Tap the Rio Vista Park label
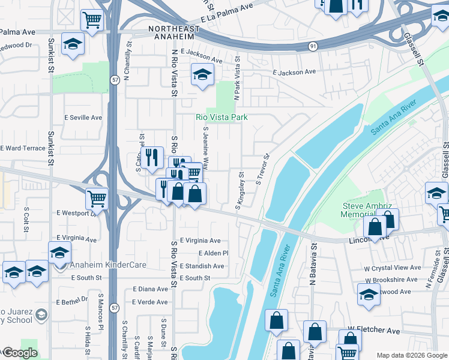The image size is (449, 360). click(221, 118)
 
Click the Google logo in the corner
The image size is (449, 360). click(19, 353)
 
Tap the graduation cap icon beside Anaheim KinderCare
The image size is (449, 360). click(59, 252)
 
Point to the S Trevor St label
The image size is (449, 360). click(263, 170)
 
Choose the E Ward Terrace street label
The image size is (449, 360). click(22, 148)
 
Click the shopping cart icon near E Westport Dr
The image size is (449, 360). click(97, 198)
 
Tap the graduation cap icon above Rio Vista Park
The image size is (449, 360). click(202, 75)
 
